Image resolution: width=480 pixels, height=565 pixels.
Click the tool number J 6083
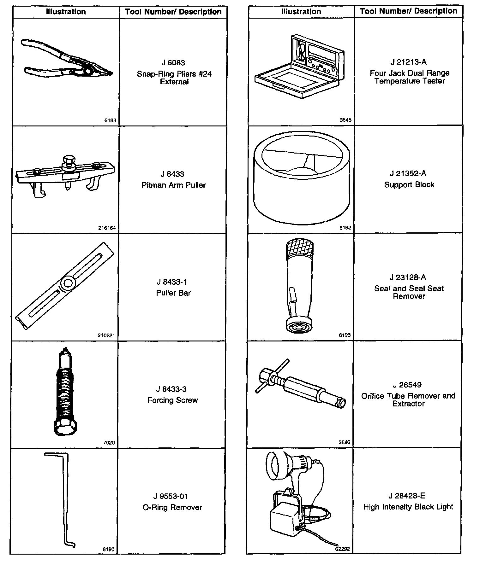(x=173, y=63)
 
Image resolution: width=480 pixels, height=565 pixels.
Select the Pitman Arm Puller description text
(x=173, y=185)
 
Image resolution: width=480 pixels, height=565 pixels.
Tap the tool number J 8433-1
(x=173, y=282)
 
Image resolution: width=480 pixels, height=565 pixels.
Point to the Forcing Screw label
(x=173, y=400)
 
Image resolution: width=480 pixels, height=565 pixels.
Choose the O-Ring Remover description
(x=172, y=507)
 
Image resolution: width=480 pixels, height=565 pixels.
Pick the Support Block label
(x=409, y=185)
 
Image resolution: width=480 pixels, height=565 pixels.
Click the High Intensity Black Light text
(x=408, y=507)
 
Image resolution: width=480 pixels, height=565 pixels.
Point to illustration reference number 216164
(x=107, y=228)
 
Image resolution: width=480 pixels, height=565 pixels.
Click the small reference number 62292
(x=342, y=549)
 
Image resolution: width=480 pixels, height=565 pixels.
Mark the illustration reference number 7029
(x=109, y=443)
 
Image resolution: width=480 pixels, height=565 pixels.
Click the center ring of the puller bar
(x=67, y=283)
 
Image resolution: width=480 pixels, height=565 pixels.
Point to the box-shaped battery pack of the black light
(x=284, y=522)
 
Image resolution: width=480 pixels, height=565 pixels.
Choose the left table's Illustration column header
(x=66, y=12)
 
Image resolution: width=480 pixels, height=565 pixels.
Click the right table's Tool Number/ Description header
(x=408, y=11)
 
